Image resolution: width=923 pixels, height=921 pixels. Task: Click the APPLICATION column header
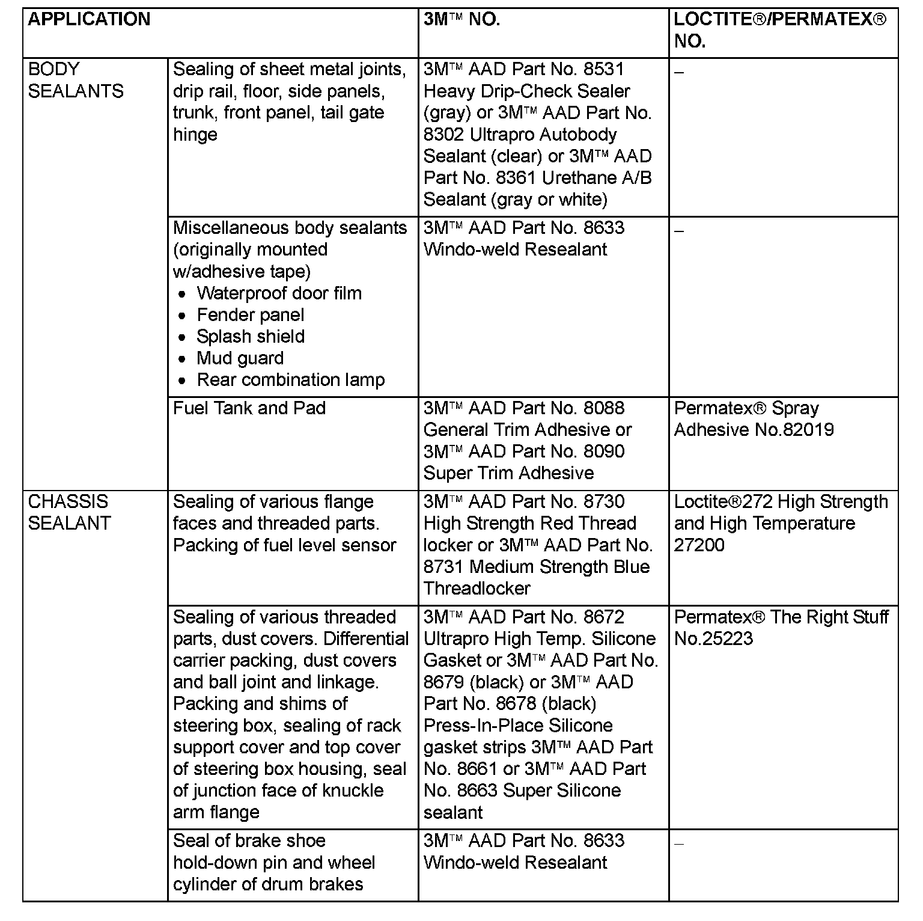(x=89, y=19)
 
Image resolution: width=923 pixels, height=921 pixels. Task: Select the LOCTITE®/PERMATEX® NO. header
(x=779, y=30)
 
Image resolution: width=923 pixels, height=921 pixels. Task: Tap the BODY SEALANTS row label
(x=76, y=80)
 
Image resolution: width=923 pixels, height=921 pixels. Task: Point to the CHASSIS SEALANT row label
(x=69, y=512)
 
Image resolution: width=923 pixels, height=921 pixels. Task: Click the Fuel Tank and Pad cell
(x=249, y=408)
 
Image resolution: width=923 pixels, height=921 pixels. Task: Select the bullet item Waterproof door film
(x=279, y=293)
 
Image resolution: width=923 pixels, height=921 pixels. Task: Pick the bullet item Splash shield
(x=251, y=337)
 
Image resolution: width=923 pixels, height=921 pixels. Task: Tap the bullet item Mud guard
(x=240, y=358)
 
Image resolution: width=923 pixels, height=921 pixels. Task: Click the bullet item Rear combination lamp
(x=291, y=380)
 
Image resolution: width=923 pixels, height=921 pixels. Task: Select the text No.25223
(x=713, y=638)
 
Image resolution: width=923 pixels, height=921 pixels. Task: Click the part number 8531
(x=604, y=69)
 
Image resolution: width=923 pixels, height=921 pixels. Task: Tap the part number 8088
(x=604, y=408)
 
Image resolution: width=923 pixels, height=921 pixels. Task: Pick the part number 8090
(x=604, y=451)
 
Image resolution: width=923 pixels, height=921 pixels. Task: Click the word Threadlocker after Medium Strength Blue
(x=477, y=589)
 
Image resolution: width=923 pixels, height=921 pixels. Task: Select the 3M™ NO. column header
(x=461, y=19)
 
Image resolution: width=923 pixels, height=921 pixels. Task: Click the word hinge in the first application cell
(x=195, y=135)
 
